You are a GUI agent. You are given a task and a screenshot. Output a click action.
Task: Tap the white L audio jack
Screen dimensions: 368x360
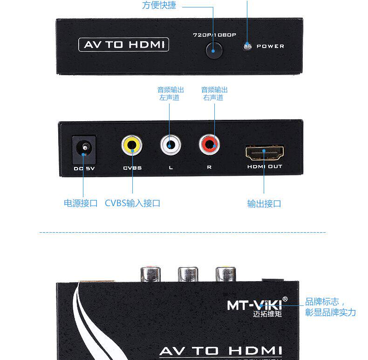[x=170, y=145]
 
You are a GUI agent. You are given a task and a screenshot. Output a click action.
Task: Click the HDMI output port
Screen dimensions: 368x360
[x=264, y=152]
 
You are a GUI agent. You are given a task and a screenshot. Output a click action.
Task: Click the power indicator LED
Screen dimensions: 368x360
[x=247, y=46]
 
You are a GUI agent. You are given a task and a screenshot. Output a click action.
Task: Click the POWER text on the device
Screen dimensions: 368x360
[x=270, y=46]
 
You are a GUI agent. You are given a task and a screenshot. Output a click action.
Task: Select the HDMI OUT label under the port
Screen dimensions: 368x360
[x=265, y=166]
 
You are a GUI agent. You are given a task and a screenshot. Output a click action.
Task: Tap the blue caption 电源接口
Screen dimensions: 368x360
[x=81, y=203]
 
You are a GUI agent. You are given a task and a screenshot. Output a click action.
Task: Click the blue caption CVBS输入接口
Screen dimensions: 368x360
[x=132, y=203]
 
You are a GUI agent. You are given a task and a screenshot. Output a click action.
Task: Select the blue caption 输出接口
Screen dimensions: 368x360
[x=264, y=204]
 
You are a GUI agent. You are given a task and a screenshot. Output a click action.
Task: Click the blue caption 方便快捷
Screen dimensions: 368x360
[x=159, y=6]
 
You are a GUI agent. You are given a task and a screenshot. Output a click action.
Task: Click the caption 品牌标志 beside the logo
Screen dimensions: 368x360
[x=325, y=301]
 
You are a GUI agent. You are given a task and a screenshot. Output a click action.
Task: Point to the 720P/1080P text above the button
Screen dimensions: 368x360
[x=215, y=35]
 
